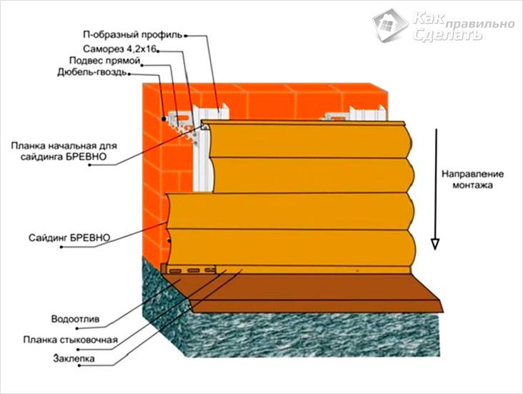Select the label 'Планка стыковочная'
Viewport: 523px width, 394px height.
click(x=80, y=339)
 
